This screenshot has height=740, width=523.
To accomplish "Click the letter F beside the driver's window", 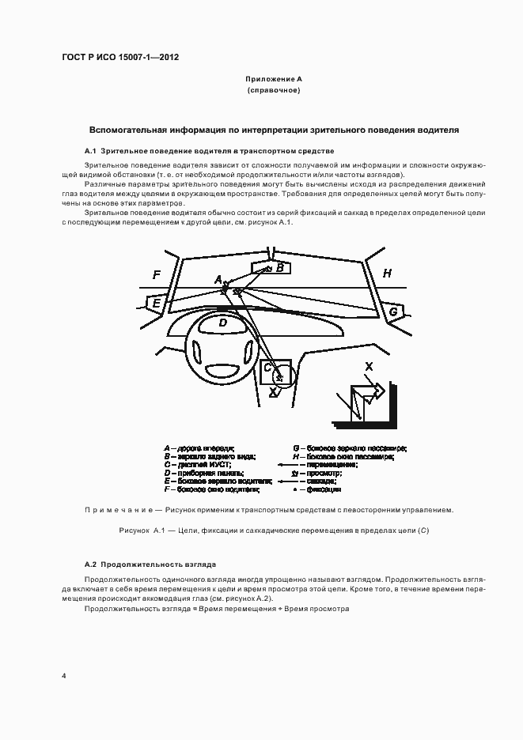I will click(x=157, y=274).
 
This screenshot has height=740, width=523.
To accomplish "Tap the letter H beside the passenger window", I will click(x=387, y=274).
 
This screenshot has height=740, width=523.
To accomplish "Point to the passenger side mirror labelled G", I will click(x=393, y=312).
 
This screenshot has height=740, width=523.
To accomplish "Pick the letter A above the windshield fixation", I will click(x=218, y=279).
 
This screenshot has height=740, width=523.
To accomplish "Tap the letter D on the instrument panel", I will click(x=223, y=322).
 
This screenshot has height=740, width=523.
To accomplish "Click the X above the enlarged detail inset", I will click(x=369, y=366).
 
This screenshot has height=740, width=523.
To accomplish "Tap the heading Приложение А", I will click(x=274, y=80).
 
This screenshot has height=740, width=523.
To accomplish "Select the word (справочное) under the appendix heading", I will click(x=274, y=91).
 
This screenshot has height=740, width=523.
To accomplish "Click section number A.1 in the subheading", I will click(x=90, y=150).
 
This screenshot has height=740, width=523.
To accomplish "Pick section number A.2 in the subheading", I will click(x=90, y=564).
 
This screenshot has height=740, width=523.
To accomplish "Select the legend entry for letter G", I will click(x=348, y=448).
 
